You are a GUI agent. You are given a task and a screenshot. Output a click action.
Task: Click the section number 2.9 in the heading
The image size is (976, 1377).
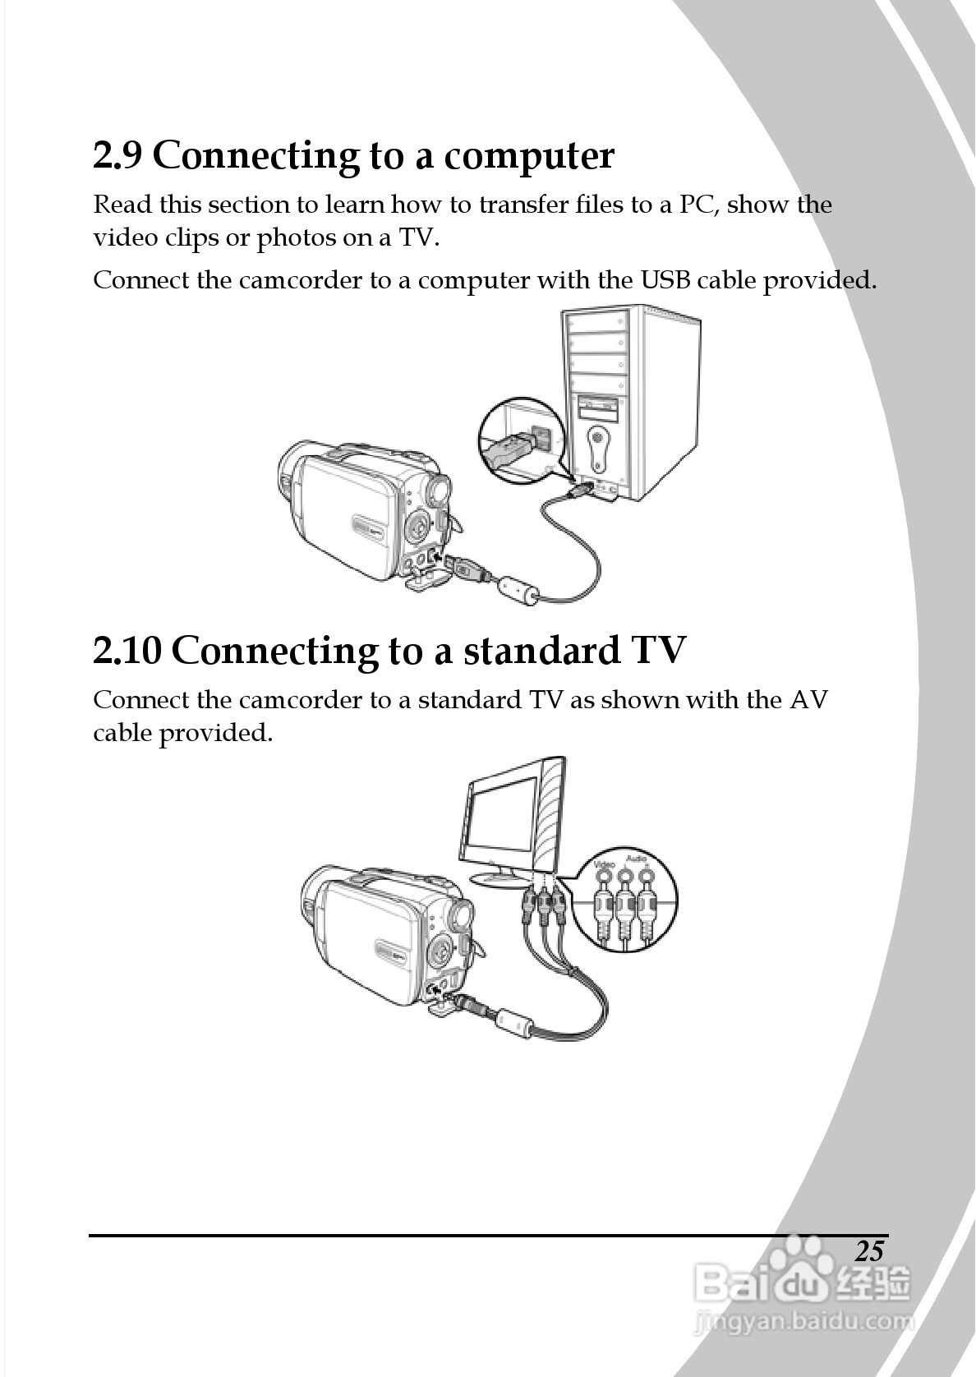point(117,155)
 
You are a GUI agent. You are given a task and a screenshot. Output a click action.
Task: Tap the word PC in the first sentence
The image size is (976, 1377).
point(698,205)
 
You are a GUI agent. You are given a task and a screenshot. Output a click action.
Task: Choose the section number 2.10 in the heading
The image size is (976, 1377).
point(127,651)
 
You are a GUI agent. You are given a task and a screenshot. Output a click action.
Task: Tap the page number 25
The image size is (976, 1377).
point(869,1251)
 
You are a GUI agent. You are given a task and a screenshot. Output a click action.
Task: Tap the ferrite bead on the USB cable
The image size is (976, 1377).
point(520,589)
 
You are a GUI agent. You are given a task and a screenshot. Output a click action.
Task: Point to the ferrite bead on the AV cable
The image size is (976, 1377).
point(513,1022)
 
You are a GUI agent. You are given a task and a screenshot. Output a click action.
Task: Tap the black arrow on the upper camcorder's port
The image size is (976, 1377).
point(437,557)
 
